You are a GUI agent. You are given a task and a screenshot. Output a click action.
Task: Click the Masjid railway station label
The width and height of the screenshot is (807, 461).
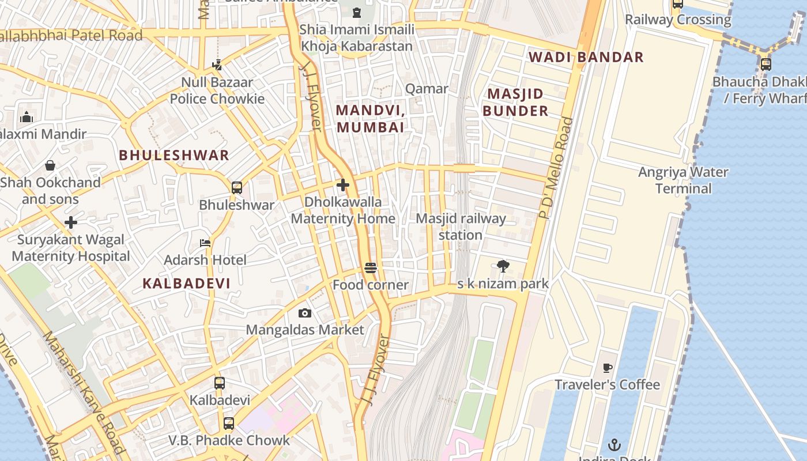click(461, 226)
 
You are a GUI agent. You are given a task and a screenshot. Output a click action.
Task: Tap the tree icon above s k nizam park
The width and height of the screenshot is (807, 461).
click(503, 266)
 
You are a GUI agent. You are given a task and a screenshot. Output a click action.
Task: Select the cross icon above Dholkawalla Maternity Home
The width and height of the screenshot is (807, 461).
click(343, 185)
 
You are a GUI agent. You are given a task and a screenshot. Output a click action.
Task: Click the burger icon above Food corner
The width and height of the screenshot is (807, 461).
click(371, 268)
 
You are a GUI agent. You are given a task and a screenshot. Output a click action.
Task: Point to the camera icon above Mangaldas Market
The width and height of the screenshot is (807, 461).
click(305, 313)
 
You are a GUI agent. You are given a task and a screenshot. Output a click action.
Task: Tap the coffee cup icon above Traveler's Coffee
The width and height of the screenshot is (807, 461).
click(607, 368)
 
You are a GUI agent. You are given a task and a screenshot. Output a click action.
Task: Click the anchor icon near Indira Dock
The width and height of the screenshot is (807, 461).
click(614, 444)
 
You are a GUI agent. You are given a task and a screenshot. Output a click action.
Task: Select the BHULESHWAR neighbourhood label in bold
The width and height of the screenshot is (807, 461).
click(174, 155)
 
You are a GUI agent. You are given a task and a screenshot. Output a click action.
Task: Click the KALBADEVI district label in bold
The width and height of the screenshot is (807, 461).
click(186, 283)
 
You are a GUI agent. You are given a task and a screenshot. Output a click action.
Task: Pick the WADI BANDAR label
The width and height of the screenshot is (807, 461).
click(586, 57)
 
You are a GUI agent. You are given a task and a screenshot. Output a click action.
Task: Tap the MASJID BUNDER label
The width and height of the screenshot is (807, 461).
click(515, 102)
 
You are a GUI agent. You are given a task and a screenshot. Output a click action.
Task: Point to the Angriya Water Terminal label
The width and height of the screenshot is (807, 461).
click(683, 180)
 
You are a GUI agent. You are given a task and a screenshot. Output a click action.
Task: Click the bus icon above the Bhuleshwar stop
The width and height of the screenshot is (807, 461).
click(236, 187)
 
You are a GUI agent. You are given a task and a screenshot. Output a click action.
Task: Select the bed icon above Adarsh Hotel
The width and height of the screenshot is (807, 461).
click(205, 243)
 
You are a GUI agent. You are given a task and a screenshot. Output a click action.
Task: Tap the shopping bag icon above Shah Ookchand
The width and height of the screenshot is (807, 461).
click(50, 165)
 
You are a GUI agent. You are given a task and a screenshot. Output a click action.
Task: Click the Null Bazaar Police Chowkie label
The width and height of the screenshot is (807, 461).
click(217, 90)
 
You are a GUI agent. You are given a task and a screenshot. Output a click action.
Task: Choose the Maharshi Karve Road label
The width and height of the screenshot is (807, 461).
click(84, 392)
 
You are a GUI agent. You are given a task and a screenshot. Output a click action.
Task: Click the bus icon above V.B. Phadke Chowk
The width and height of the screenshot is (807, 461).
click(229, 424)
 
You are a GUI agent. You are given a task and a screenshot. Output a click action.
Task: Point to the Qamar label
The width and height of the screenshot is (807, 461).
click(427, 88)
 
